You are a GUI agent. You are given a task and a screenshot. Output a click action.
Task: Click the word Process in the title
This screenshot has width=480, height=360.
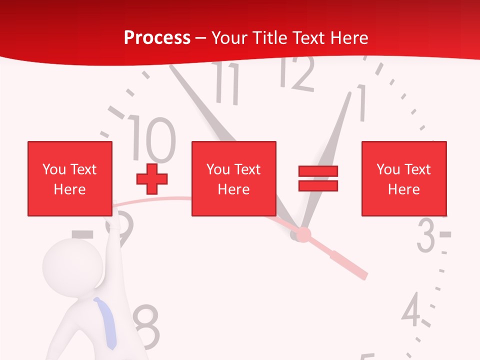coord(157,38)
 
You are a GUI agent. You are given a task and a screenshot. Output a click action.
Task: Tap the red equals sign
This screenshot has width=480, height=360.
coord(318,178)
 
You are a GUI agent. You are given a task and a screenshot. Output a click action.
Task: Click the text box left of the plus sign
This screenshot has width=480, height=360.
coord(69,178)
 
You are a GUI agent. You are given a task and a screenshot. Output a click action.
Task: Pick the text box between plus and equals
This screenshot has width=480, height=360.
coord(233,178)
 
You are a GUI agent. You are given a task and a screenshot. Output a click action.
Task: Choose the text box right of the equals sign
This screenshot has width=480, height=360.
coord(403,178)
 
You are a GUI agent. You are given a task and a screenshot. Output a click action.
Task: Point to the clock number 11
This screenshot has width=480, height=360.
coord(228,82)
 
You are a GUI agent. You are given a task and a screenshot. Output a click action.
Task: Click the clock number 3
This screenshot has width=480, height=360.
coord(426,235)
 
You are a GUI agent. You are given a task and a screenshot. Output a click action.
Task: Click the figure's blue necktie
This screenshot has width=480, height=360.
coord(106,322)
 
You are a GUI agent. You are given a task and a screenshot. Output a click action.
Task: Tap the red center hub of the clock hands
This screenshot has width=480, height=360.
coord(303,234)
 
